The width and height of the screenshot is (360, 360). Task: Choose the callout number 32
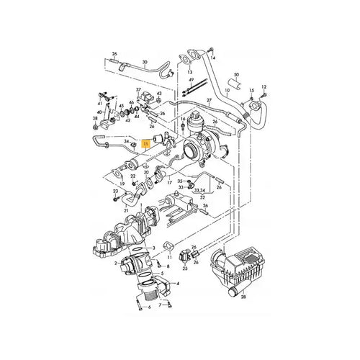click(203, 196)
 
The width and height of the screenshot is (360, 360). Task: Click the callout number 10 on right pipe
click(226, 92)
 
